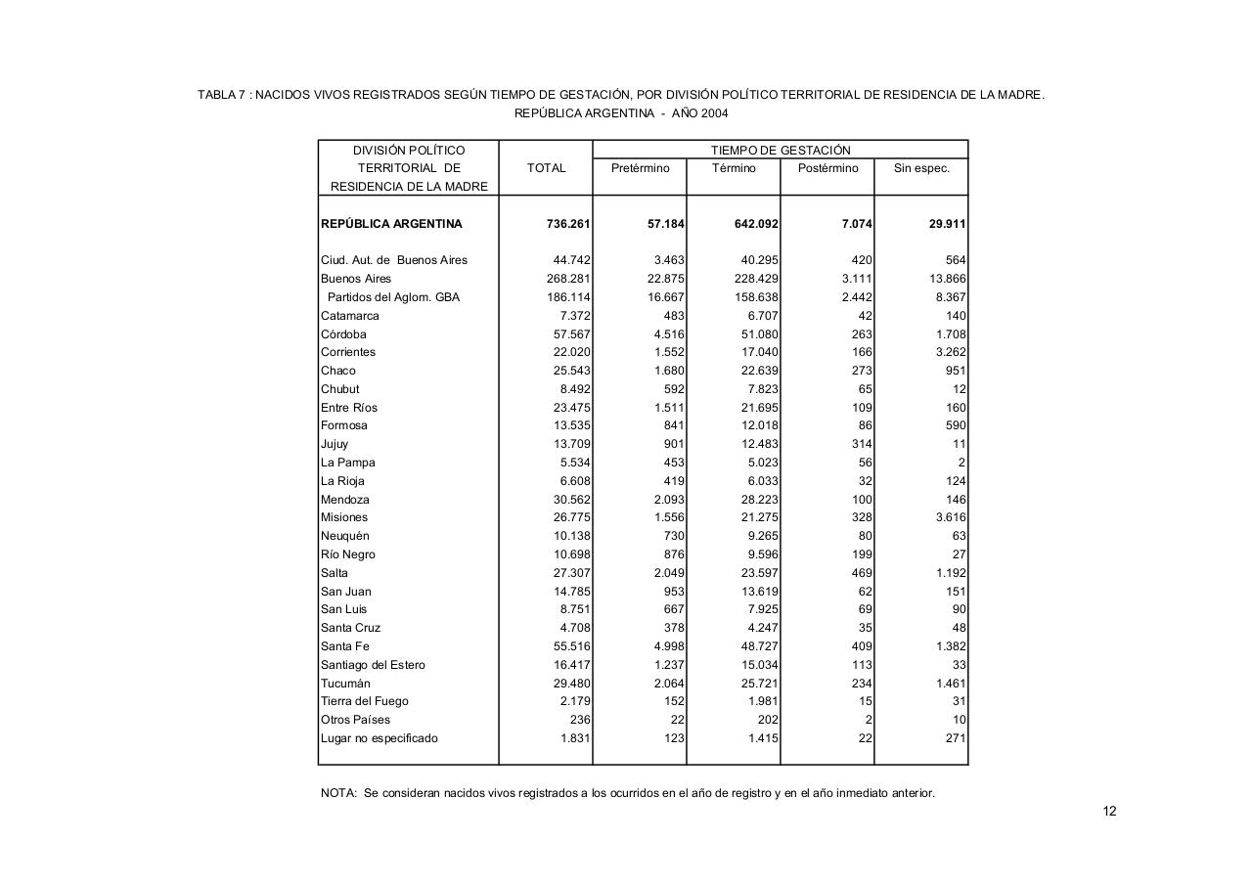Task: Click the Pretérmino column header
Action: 640,168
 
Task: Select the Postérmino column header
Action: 827,168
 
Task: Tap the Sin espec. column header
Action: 921,168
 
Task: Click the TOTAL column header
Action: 546,168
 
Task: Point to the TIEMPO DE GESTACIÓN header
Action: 780,151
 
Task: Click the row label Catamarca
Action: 349,316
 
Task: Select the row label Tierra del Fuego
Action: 364,701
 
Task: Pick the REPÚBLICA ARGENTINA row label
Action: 391,224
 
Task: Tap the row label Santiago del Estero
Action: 373,665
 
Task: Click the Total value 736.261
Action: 568,224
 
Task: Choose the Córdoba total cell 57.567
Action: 571,334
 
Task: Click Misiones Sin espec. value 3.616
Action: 950,517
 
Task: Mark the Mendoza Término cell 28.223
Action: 759,500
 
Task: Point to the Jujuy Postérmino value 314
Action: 861,444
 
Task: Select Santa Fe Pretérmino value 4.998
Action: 669,646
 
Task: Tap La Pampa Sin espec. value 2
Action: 961,463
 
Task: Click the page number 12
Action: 1109,811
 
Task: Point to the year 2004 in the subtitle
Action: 715,113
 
